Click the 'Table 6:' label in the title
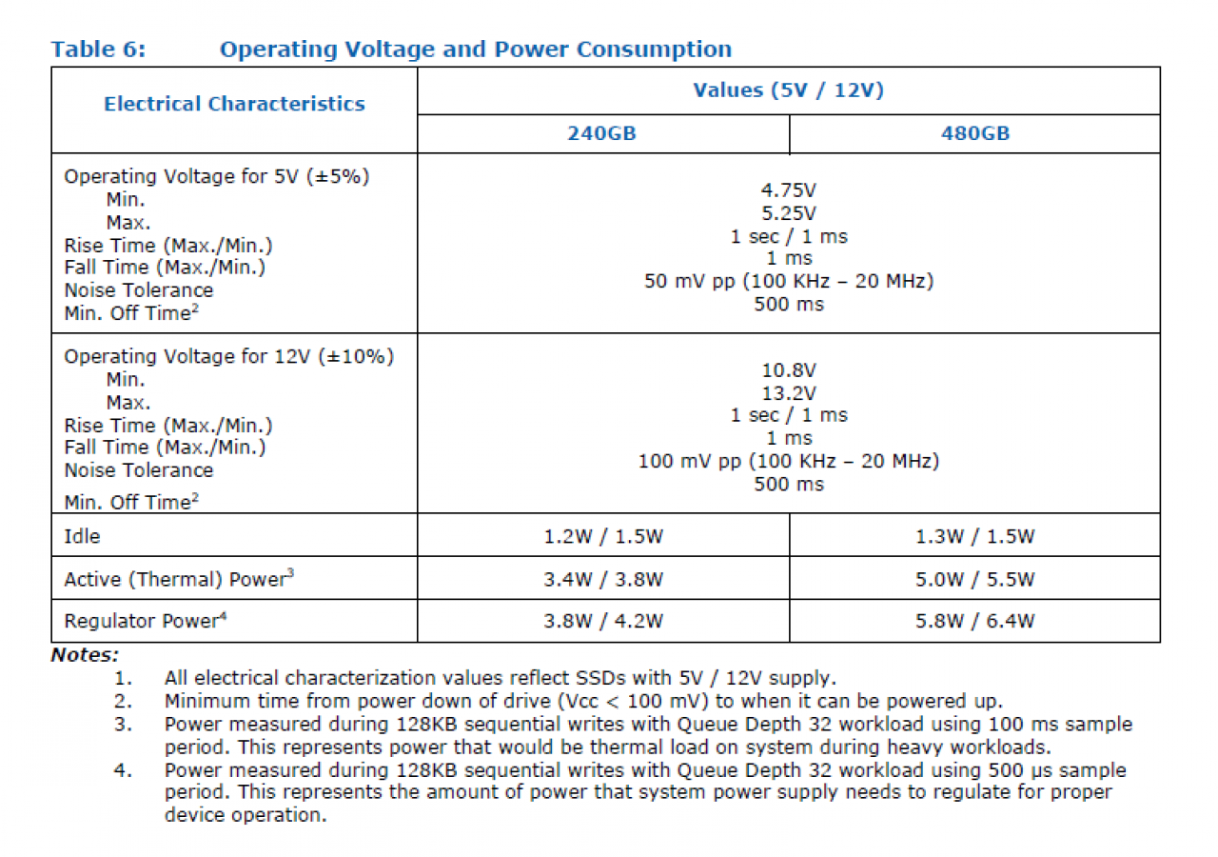(98, 50)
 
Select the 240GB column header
(602, 133)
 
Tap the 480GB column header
(975, 133)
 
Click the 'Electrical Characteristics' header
(234, 104)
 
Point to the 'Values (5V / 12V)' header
(789, 90)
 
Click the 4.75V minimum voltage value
(789, 190)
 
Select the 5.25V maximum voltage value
(789, 213)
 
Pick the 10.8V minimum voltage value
(789, 370)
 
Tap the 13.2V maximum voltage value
(789, 393)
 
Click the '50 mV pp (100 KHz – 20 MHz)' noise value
(789, 281)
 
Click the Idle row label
(82, 536)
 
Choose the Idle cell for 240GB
(603, 536)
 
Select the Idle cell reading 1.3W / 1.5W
(975, 536)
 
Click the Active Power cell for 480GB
(975, 580)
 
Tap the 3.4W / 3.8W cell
(603, 580)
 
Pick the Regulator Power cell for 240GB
(603, 621)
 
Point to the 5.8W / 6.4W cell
(975, 621)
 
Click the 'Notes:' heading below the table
(85, 655)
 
